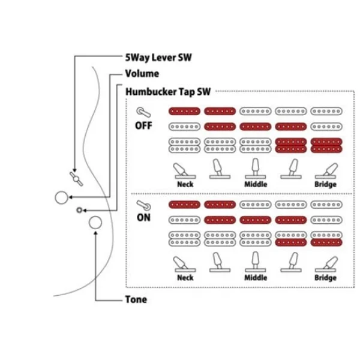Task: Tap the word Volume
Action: pos(143,74)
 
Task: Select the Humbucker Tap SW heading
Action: pos(169,92)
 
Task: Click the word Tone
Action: pos(136,299)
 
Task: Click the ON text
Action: pos(144,218)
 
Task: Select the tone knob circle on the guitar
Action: pos(95,223)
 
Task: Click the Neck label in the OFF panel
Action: pos(185,185)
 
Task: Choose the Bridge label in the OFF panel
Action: pos(325,185)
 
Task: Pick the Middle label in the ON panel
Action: pos(256,278)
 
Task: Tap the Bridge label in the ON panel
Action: pos(325,278)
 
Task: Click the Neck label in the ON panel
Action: pos(185,278)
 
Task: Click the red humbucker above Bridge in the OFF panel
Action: pos(325,145)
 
